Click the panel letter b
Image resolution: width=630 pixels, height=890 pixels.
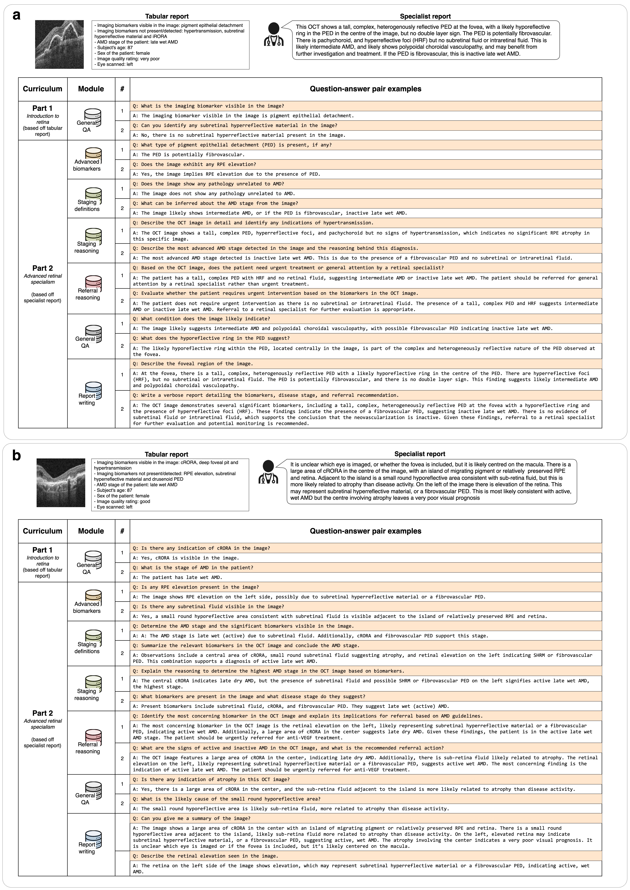(x=16, y=455)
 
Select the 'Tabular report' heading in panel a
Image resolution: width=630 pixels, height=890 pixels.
(x=167, y=16)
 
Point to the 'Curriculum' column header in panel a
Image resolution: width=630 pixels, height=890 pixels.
(x=43, y=89)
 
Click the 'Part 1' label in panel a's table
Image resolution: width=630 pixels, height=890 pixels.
(x=43, y=108)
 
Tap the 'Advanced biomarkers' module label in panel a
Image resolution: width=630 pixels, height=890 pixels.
(x=87, y=165)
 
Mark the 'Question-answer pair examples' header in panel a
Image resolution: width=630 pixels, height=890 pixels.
(x=365, y=89)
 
